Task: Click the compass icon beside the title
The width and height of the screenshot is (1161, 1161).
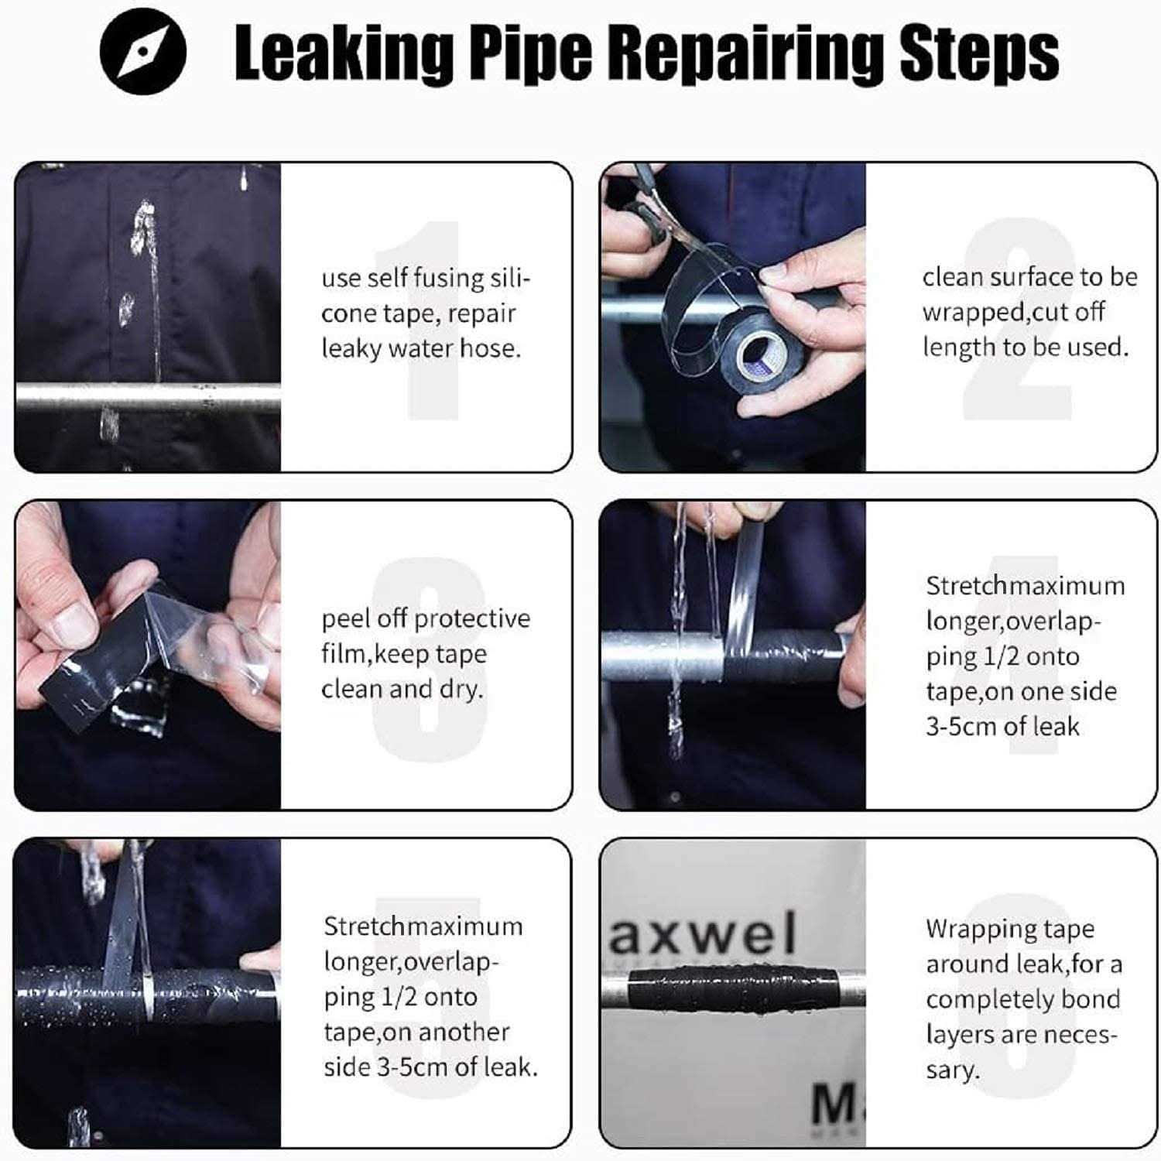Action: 143,52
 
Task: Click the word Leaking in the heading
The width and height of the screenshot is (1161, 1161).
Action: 343,53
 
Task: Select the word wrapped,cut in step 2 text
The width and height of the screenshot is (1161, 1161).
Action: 1012,312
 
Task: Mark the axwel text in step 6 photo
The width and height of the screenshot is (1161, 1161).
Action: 703,933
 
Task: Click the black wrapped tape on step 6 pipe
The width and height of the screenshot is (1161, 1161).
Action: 731,988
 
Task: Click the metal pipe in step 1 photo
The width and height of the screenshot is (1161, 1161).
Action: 147,396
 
